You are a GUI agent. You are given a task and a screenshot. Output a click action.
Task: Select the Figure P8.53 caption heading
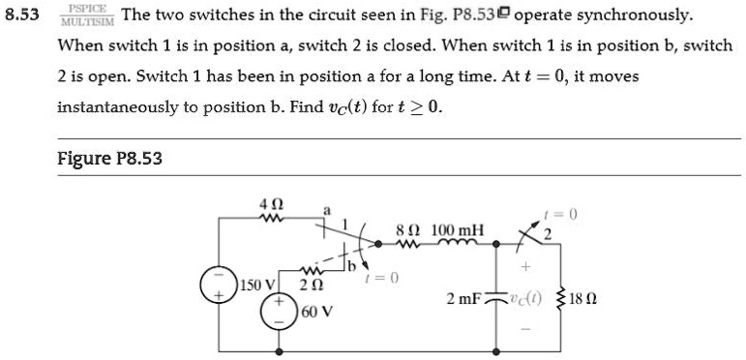(109, 159)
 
